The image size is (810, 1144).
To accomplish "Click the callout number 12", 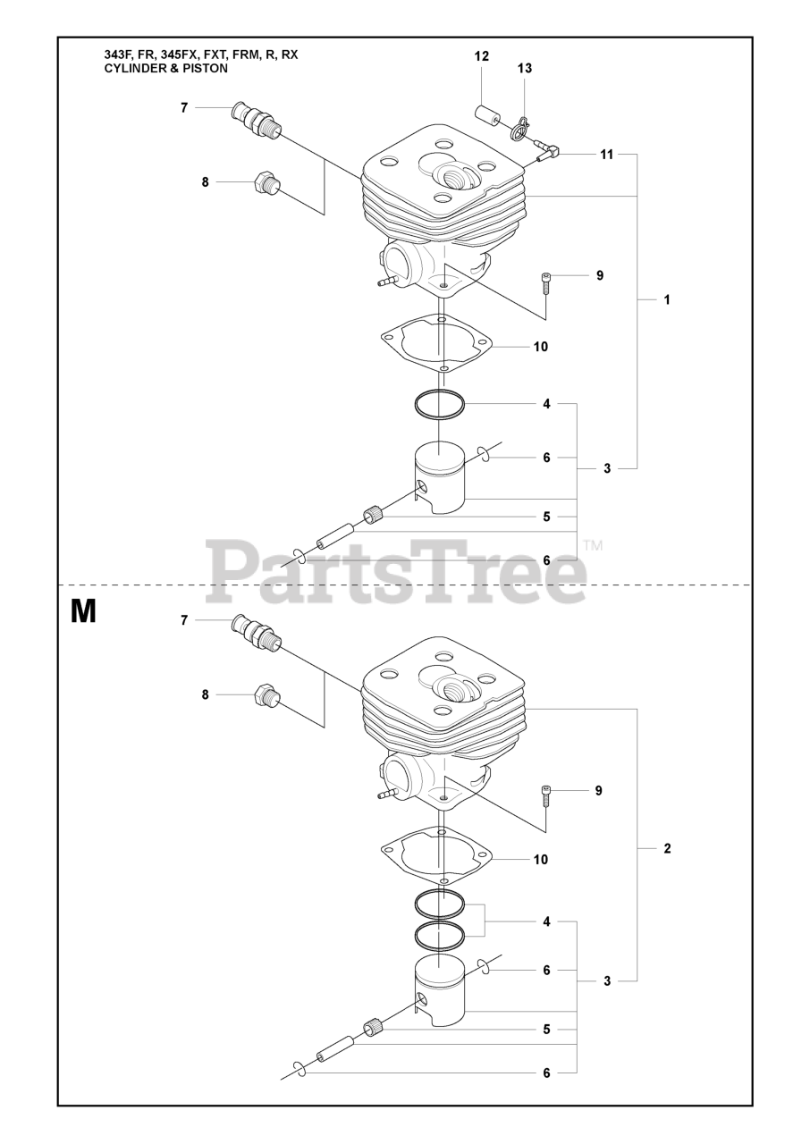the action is click(482, 56).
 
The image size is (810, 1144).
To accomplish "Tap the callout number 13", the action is click(525, 69).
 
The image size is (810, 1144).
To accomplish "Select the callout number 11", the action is click(606, 155).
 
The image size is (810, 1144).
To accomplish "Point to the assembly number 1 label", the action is click(667, 299).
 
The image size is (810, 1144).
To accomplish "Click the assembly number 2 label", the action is click(667, 849).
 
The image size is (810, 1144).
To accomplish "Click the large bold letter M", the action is click(83, 611).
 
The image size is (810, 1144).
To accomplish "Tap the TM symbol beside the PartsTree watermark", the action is click(593, 544).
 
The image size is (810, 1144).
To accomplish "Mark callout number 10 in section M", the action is click(540, 860).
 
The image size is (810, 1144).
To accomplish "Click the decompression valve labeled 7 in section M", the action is click(256, 631).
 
